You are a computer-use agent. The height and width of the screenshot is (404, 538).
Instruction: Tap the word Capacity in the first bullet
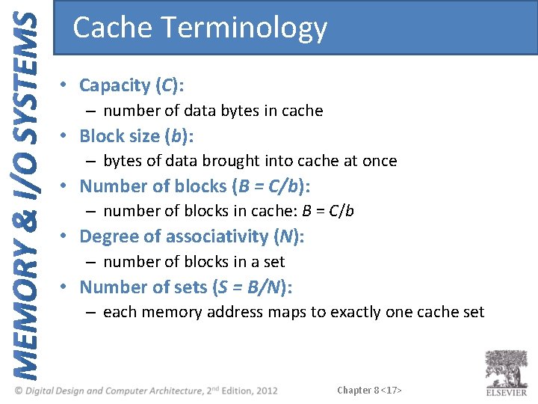[114, 85]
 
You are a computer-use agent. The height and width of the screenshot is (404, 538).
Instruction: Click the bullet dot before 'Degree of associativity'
[66, 237]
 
